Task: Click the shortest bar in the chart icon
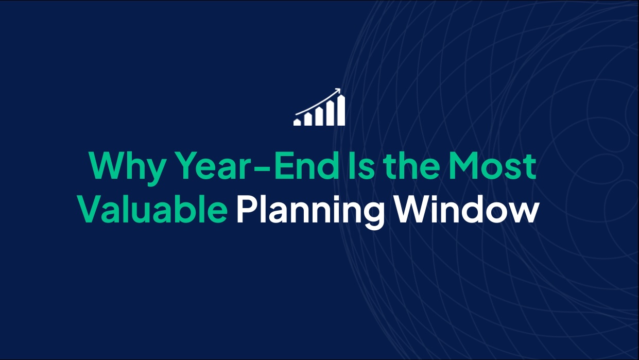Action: pos(297,123)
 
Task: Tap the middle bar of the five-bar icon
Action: pos(319,117)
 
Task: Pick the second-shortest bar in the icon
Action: pos(308,119)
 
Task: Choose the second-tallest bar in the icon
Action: pos(330,114)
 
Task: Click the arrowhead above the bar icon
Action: pos(338,91)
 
